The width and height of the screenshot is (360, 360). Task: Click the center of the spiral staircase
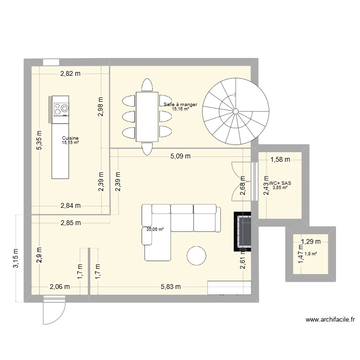coord(235,111)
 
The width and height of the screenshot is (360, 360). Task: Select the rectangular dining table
coord(147,117)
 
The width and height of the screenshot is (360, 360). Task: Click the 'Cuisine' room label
coord(70,138)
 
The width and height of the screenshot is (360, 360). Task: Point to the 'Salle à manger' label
coord(180,104)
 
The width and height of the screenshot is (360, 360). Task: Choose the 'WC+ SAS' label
coord(280,183)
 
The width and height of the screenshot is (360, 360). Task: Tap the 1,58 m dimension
coord(279,160)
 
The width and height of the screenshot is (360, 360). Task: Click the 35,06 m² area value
coord(155,229)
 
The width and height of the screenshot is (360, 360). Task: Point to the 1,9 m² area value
coord(311,254)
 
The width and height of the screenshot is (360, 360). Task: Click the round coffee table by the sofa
coord(197,255)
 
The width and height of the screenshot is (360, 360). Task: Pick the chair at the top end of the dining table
coord(147,85)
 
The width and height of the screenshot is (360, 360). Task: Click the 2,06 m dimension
coord(60,287)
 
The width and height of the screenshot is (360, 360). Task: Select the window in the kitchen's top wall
coord(51,62)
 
